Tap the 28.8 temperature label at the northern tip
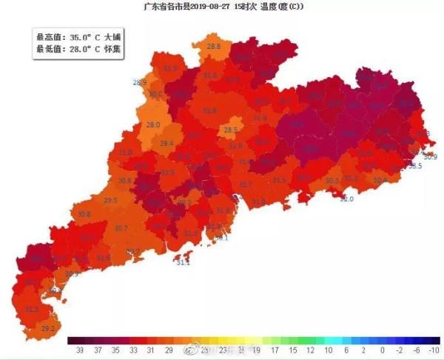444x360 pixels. (x=214, y=47)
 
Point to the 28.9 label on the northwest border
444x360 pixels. (x=139, y=81)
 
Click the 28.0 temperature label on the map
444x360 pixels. (x=153, y=124)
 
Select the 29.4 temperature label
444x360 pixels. (x=166, y=143)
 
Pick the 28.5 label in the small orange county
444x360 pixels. (x=231, y=130)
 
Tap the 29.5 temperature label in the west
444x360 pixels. (x=110, y=201)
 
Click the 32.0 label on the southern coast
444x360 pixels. (x=346, y=199)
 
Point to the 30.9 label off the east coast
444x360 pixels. (x=431, y=157)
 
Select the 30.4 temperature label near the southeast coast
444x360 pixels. (x=380, y=179)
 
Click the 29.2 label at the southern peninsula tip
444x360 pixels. (x=48, y=327)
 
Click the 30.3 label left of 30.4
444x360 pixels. (x=332, y=180)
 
